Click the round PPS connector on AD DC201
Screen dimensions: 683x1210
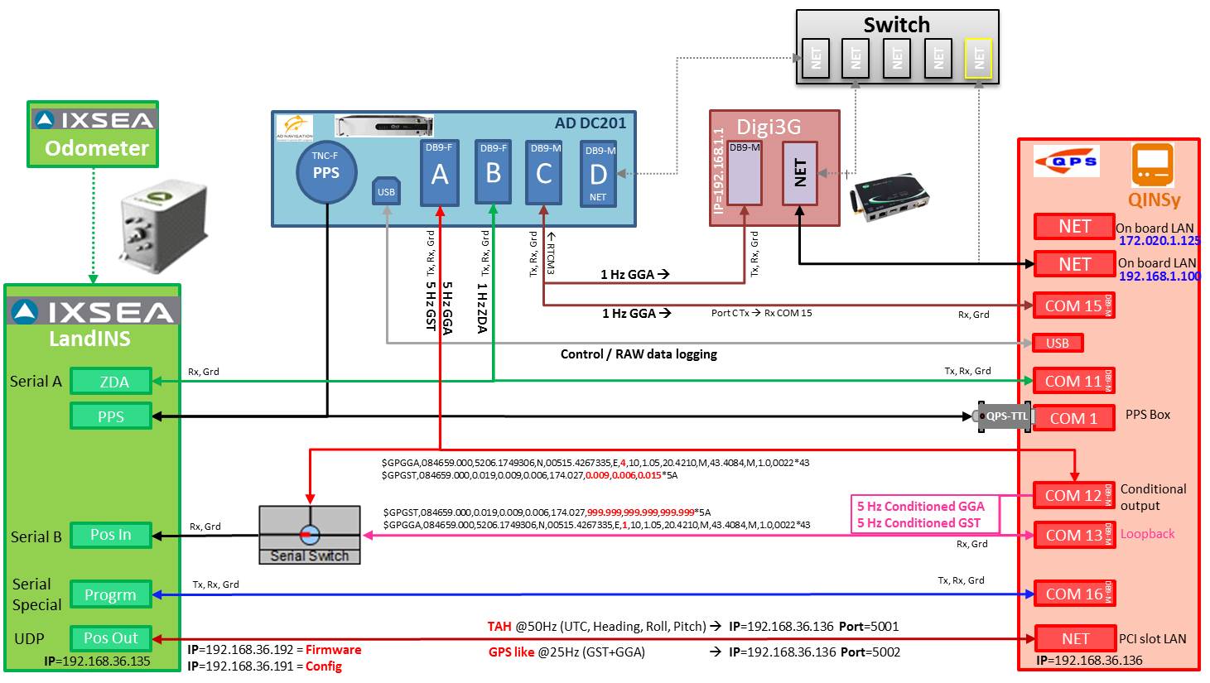[x=325, y=172]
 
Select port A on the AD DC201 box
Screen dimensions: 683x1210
[x=439, y=172]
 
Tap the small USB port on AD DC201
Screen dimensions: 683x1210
[x=386, y=190]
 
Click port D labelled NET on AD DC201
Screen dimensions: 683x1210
[x=598, y=173]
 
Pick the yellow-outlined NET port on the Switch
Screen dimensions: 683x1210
[x=979, y=58]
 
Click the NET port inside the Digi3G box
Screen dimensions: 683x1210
[x=800, y=172]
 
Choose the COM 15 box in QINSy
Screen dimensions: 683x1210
[x=1073, y=305]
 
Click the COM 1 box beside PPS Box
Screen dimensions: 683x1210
[x=1073, y=419]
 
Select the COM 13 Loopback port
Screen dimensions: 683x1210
[x=1073, y=535]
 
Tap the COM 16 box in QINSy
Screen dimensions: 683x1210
[x=1073, y=594]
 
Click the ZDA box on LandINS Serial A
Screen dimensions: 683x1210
[x=112, y=382]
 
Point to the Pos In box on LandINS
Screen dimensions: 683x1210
[x=111, y=535]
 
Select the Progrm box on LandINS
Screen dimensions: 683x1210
[x=110, y=594]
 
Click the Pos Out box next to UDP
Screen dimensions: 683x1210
[x=111, y=638]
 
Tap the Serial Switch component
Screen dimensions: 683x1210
[x=310, y=535]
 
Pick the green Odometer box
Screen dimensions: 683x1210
[x=93, y=135]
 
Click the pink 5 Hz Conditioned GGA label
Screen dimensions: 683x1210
[x=920, y=507]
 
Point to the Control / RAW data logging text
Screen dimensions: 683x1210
[x=639, y=354]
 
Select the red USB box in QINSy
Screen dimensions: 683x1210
[x=1058, y=343]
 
